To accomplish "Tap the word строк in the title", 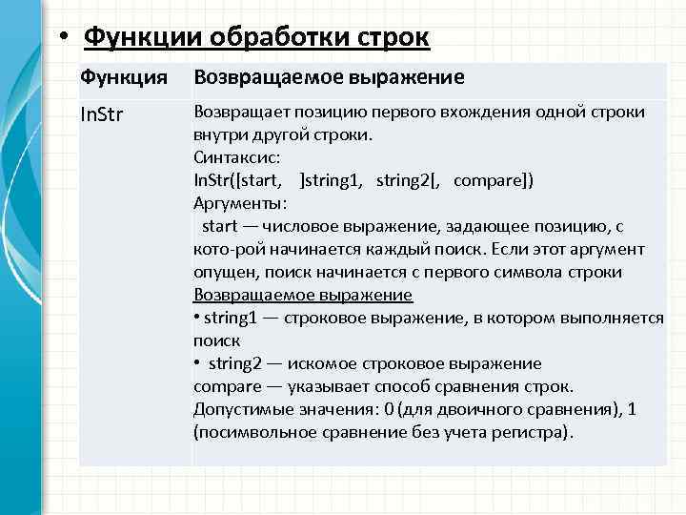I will click(x=394, y=39).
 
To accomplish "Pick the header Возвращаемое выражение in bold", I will click(x=329, y=77).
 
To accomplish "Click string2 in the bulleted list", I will click(x=239, y=363).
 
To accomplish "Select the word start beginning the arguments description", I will click(x=220, y=226).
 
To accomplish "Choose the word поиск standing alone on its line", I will click(x=217, y=340).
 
